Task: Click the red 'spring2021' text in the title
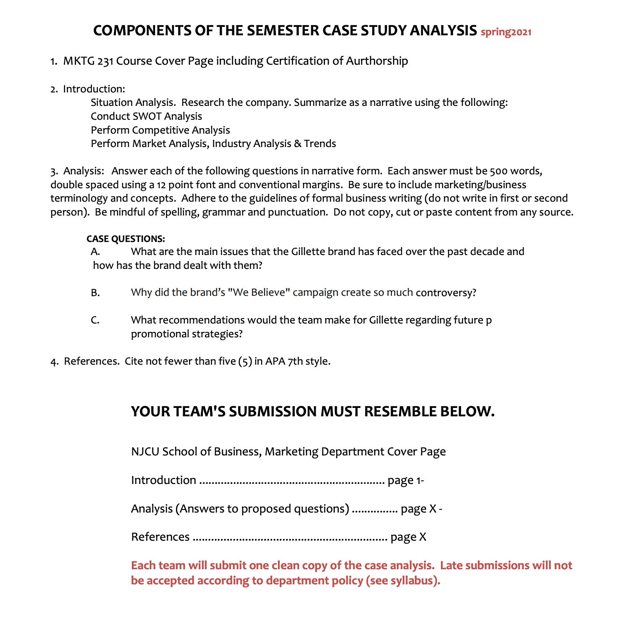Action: [x=506, y=32]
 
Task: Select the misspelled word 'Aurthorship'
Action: [x=377, y=61]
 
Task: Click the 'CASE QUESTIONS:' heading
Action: [x=126, y=239]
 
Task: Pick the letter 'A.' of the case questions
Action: [x=95, y=252]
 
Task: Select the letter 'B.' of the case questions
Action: [x=95, y=293]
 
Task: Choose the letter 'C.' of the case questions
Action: [x=95, y=320]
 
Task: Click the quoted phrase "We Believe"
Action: [x=259, y=292]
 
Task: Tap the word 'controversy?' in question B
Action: [x=446, y=293]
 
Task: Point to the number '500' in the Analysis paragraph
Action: [x=498, y=171]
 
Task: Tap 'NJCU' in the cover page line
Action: [x=145, y=452]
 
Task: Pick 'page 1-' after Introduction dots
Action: [x=406, y=480]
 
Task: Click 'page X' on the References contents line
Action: [x=408, y=537]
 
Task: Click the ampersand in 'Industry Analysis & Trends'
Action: [x=297, y=144]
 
